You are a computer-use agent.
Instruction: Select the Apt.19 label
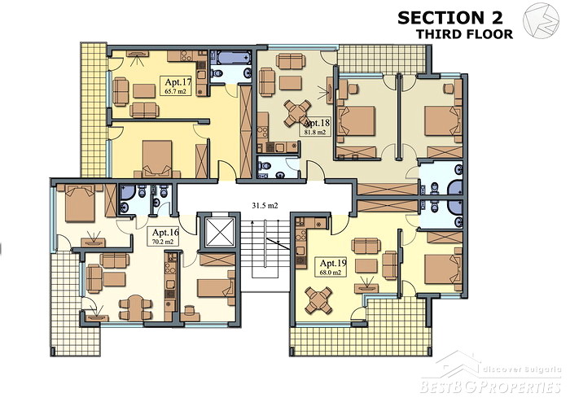pyautogui.click(x=333, y=263)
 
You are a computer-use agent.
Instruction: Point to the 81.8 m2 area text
pyautogui.click(x=315, y=132)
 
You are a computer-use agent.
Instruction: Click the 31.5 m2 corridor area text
pyautogui.click(x=265, y=206)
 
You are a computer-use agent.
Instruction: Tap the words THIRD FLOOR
pyautogui.click(x=464, y=34)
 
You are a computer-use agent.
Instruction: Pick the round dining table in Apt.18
pyautogui.click(x=297, y=113)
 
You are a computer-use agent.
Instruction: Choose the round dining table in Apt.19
pyautogui.click(x=318, y=300)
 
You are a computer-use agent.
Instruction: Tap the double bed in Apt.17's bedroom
pyautogui.click(x=157, y=159)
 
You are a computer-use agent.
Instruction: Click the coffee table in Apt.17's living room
pyautogui.click(x=144, y=91)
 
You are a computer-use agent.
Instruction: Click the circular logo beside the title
pyautogui.click(x=541, y=20)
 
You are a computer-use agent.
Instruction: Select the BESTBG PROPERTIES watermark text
pyautogui.click(x=490, y=387)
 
